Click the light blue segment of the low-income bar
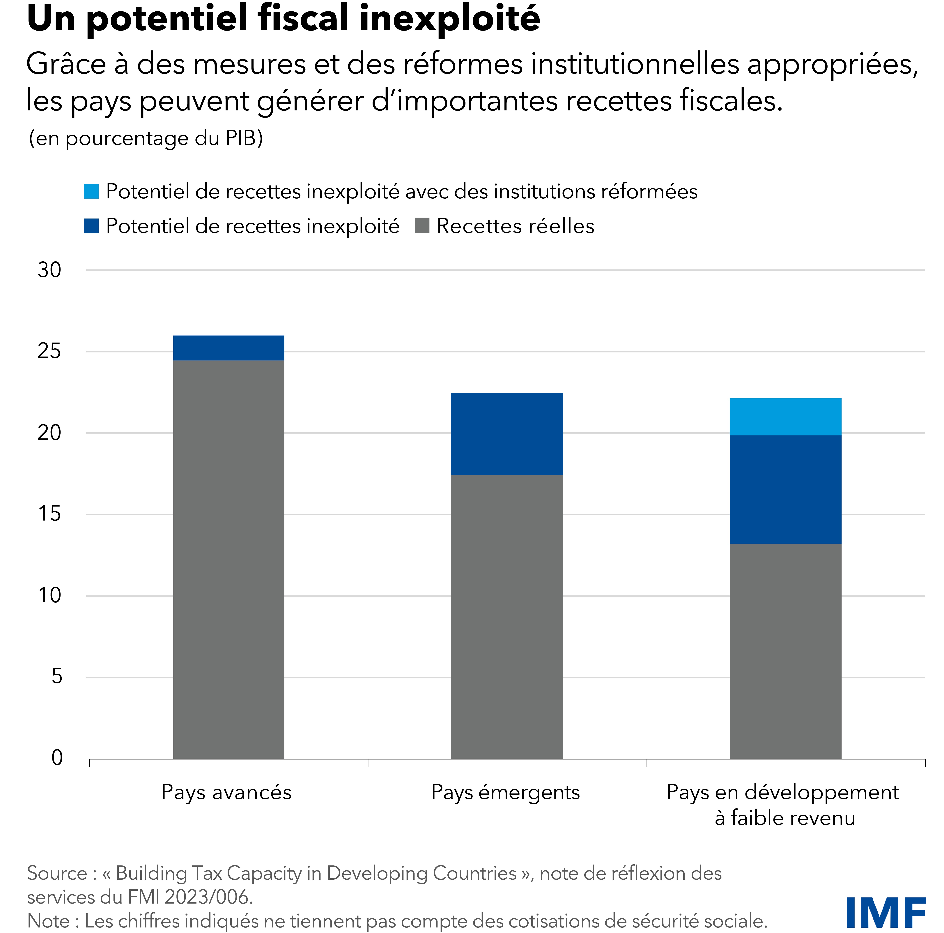(785, 416)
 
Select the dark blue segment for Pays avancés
(229, 348)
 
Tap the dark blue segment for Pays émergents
(507, 433)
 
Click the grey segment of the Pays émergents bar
(507, 616)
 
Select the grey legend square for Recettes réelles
(422, 226)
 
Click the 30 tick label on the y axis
(49, 270)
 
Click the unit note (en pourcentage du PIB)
(146, 138)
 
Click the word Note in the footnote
(48, 921)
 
